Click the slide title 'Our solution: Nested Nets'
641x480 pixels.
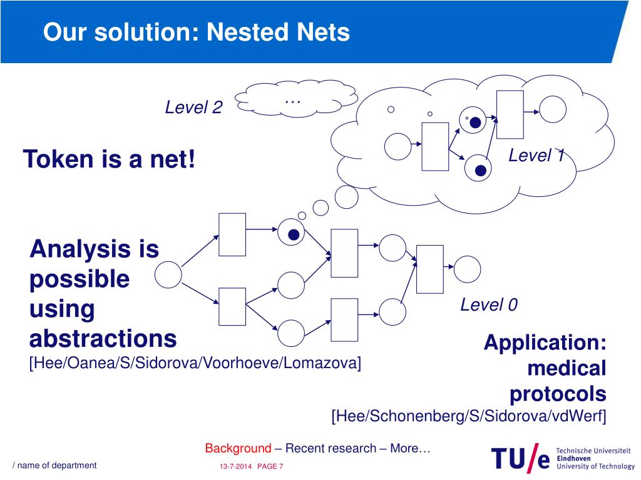197,32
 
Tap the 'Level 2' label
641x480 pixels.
193,107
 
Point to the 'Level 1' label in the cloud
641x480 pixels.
536,155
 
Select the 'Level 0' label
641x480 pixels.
489,304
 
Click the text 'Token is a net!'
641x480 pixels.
110,159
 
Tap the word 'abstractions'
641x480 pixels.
103,339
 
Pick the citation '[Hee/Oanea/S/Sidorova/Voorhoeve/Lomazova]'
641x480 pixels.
195,362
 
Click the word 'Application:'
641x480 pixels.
545,342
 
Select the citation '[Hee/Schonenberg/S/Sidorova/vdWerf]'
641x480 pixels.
469,416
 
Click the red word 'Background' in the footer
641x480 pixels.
238,448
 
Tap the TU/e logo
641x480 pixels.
520,459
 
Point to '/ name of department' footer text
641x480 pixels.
55,465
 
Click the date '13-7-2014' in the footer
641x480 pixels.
236,467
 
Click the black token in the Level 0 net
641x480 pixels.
293,235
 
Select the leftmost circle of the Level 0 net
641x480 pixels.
168,275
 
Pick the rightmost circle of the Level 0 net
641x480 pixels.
467,269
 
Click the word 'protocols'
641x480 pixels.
558,394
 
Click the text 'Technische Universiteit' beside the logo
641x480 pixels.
593,450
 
